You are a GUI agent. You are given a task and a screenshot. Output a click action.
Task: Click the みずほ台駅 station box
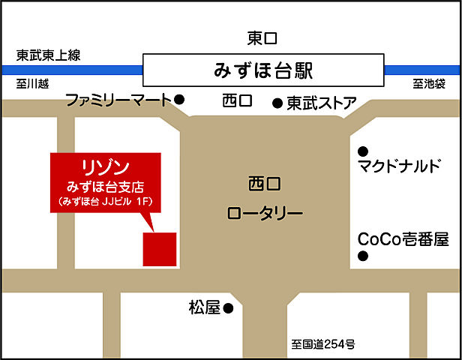(x=262, y=71)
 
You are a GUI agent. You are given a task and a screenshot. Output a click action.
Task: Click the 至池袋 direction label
(x=429, y=83)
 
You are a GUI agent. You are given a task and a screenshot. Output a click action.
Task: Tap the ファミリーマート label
(x=118, y=99)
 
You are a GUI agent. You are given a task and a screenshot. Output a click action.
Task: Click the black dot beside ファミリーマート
(x=179, y=99)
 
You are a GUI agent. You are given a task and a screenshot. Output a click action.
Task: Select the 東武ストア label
(x=321, y=103)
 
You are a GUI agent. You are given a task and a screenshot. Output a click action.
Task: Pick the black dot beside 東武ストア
(x=277, y=103)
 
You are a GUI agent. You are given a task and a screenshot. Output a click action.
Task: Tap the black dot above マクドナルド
(x=363, y=149)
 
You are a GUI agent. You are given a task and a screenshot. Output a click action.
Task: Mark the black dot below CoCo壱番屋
(x=363, y=257)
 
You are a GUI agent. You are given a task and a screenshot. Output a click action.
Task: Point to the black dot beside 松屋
(x=229, y=307)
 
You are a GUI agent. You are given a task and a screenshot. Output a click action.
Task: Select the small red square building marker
(x=160, y=249)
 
